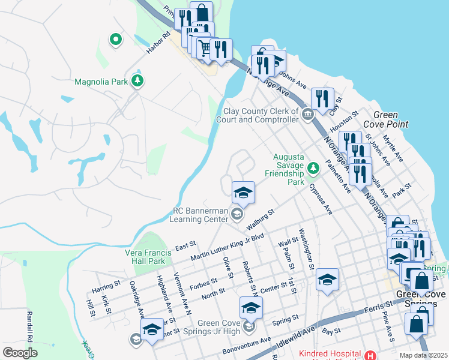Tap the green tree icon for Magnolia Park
coord(138,80)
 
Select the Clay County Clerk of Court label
coord(261,115)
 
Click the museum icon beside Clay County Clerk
coord(308,114)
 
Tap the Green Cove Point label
coord(390,119)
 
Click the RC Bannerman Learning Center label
coord(200,215)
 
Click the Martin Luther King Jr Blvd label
coord(228,247)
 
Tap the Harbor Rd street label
coord(158,42)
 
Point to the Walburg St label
coord(260,220)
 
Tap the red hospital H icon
coord(370,355)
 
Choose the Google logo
coord(20,352)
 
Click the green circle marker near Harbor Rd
coord(116,40)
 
